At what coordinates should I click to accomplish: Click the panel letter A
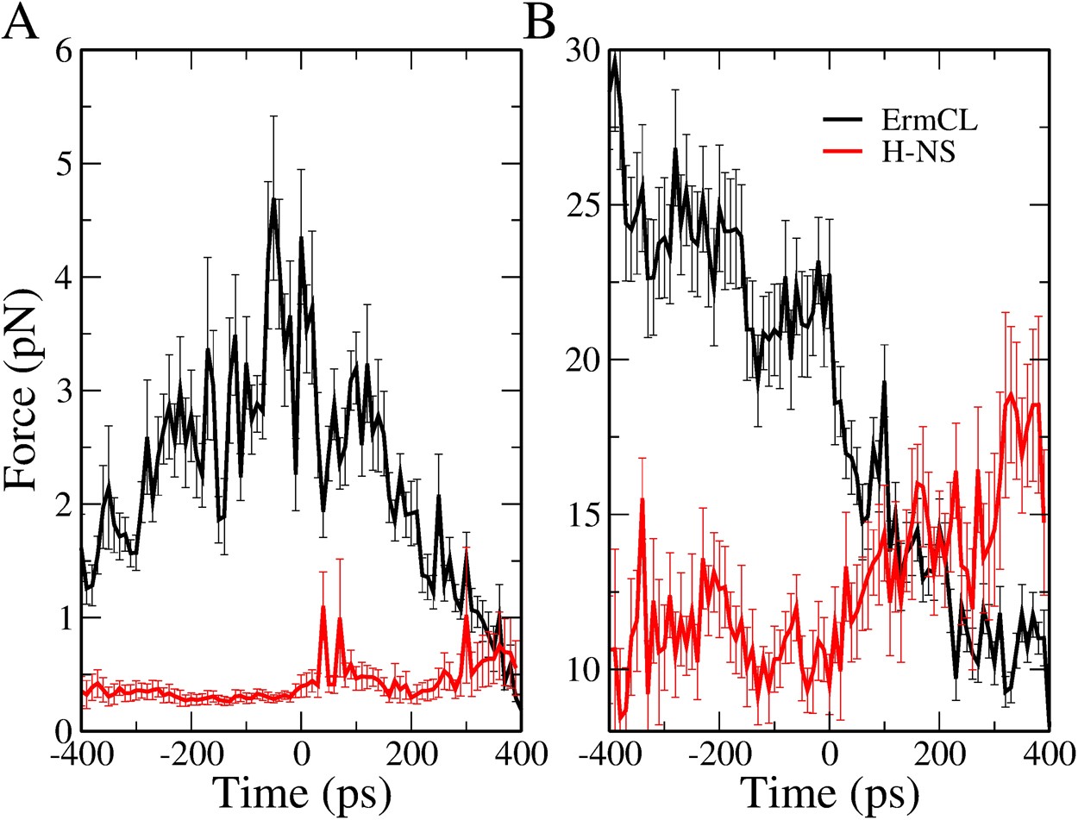(21, 22)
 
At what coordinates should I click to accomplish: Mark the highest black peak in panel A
(273, 199)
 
